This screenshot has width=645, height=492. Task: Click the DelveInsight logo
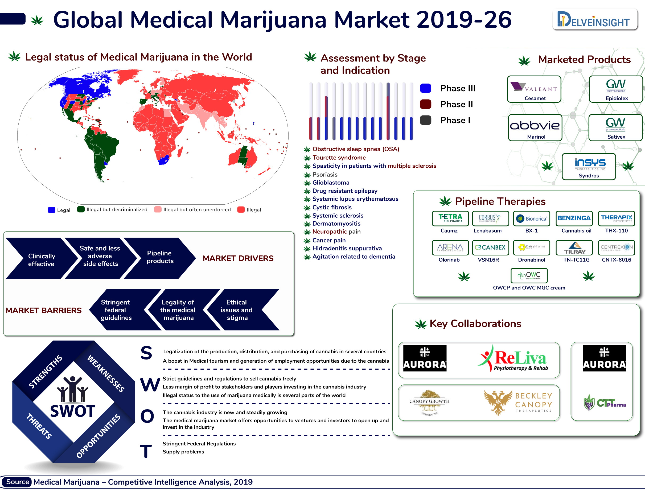pos(594,20)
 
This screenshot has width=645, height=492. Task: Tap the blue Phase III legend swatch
pos(425,88)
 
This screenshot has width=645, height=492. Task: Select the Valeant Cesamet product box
pos(534,89)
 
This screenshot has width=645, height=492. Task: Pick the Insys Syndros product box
pos(589,166)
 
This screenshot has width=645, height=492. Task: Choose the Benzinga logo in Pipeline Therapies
pos(574,218)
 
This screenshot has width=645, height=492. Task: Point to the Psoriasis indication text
pos(324,175)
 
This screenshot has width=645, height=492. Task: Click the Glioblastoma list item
pos(331,183)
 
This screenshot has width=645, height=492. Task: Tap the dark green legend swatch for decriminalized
pos(81,209)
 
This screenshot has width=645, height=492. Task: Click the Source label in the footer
pos(17,482)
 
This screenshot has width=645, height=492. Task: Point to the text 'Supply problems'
pos(183,452)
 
